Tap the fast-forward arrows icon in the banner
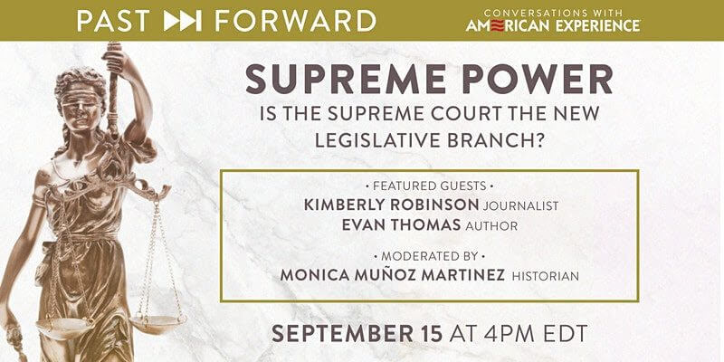[183, 21]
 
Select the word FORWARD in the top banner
[296, 21]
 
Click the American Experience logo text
[553, 26]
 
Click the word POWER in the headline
[538, 79]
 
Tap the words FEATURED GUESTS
[429, 186]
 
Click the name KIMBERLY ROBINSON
[392, 205]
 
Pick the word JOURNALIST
[521, 206]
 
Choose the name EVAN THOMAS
[402, 224]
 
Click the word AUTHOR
[491, 226]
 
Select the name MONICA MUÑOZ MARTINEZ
[393, 275]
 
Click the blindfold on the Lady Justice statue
[82, 96]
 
